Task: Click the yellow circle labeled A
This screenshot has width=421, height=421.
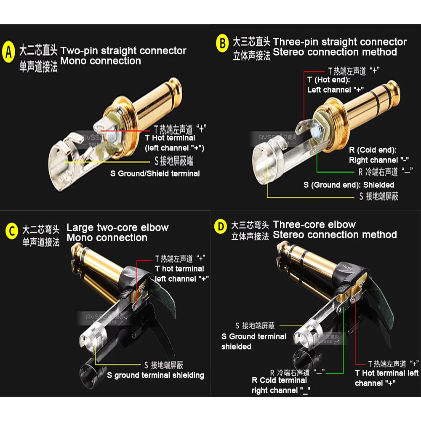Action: coord(8,52)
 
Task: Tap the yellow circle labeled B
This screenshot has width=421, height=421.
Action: coord(222,43)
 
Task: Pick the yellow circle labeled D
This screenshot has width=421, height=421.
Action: coord(221,227)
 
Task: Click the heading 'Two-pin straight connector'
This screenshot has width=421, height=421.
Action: coord(123,51)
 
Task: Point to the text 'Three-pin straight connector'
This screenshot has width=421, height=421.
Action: coord(340,42)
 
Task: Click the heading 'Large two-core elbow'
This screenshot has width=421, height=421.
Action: coord(117,228)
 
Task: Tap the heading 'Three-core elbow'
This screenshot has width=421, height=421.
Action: coord(314,224)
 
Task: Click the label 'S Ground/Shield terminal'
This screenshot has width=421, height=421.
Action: coord(155,173)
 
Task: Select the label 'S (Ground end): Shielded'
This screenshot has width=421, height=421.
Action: coord(349,185)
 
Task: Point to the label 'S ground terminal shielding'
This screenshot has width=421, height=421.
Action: coord(155,376)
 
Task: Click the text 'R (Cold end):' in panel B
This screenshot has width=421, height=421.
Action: coord(373,150)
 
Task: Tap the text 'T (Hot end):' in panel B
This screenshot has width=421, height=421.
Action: coord(329,80)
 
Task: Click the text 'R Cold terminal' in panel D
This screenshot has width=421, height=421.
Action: coord(279,381)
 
